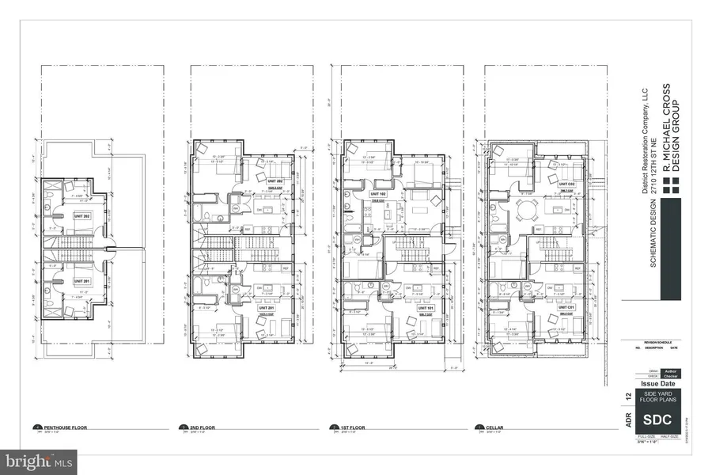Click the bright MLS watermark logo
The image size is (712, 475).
tap(39, 459)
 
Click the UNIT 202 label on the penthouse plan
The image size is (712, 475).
tap(82, 215)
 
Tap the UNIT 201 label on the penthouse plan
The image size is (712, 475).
tap(82, 281)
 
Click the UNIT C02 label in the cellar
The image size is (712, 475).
tap(563, 184)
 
